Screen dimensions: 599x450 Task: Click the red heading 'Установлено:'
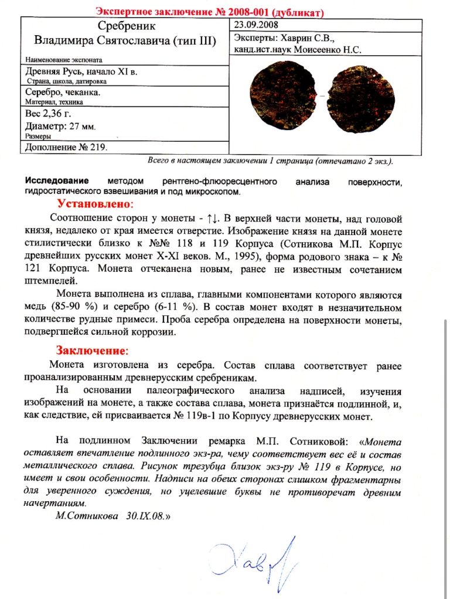tap(96, 204)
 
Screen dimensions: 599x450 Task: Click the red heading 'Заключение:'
tap(91, 350)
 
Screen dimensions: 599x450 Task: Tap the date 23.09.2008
tap(256, 25)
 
